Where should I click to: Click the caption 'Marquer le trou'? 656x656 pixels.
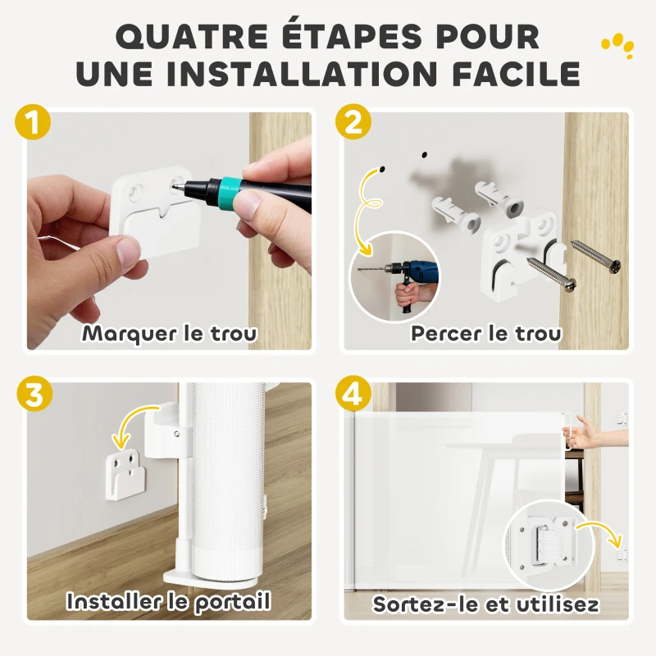169,333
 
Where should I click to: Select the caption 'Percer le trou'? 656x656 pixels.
486,333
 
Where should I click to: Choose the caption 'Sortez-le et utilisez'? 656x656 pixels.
485,604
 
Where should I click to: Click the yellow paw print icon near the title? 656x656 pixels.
617,45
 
